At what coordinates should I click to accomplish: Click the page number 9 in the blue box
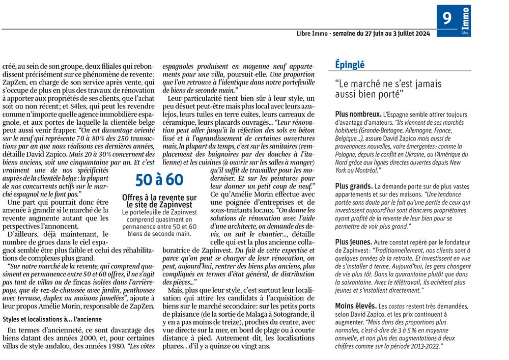(x=447, y=19)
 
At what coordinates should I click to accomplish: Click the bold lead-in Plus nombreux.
(x=357, y=115)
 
